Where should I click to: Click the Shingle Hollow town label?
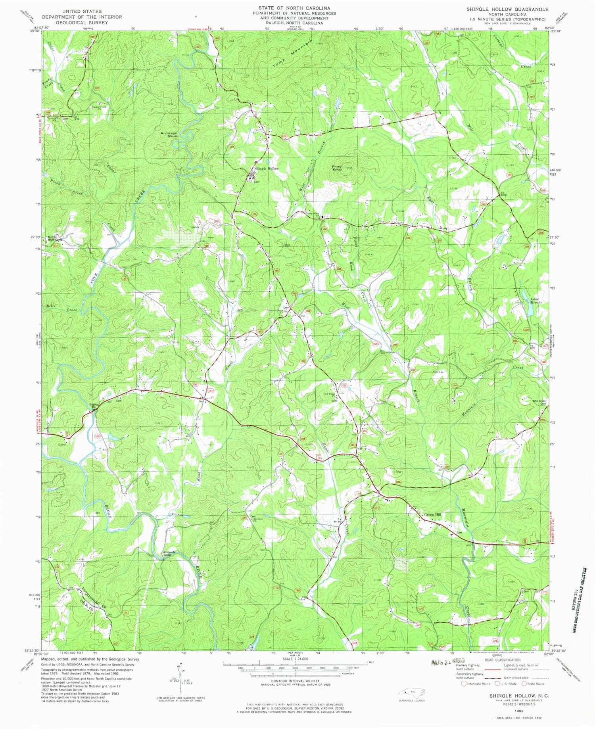267,169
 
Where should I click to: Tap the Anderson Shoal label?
169,134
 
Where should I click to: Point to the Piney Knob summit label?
337,167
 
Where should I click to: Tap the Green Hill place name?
433,515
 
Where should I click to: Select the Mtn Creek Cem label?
539,402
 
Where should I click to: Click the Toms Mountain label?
292,54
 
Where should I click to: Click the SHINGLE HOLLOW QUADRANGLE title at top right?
507,9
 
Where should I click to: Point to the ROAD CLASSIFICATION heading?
501,660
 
